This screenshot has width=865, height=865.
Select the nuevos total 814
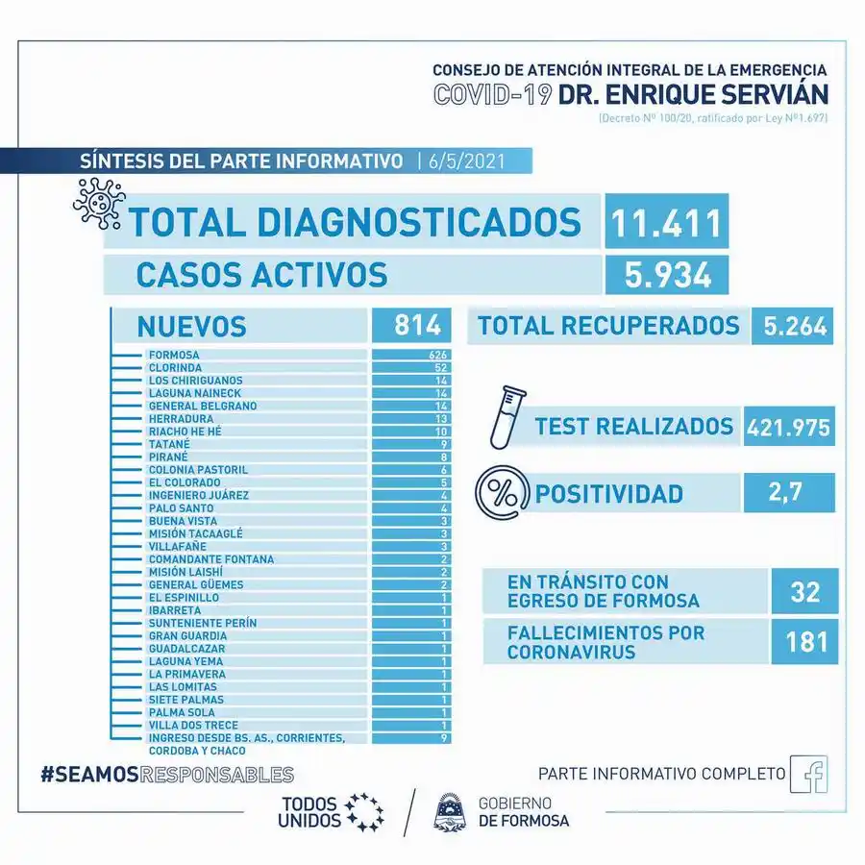point(409,326)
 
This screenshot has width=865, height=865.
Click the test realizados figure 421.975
point(788,426)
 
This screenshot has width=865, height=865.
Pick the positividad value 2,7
point(788,493)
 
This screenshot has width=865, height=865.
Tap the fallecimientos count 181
point(804,640)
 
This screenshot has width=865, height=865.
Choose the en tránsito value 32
point(804,591)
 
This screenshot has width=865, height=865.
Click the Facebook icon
point(808,775)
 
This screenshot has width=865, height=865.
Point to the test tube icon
point(503,417)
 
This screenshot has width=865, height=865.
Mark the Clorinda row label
point(175,367)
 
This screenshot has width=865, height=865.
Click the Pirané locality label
point(168,457)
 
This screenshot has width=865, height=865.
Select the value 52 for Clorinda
point(442,367)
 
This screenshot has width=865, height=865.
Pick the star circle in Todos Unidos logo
point(364,812)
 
